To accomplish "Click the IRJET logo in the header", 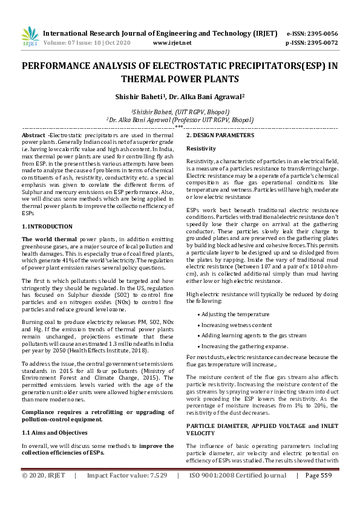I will (x=30, y=37).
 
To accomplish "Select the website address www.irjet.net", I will (x=172, y=43).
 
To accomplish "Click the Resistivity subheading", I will (x=201, y=148).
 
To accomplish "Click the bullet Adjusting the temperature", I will (x=237, y=314).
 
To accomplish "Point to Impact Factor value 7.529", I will (x=127, y=493).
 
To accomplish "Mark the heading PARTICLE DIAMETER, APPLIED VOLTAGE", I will (x=261, y=409).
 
